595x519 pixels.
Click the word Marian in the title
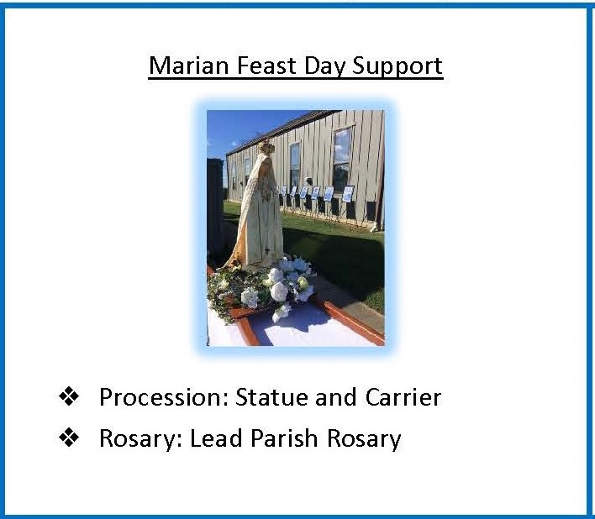pos(188,66)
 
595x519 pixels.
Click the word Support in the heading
pos(398,66)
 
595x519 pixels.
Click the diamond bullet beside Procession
pos(69,396)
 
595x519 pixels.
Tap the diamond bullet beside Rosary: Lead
pos(69,437)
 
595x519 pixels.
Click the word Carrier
pos(403,397)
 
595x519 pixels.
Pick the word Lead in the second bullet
pos(216,438)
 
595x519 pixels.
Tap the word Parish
pos(284,438)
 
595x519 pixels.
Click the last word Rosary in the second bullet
pos(364,440)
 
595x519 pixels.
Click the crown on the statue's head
pos(266,146)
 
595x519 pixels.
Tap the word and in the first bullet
pos(336,397)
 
